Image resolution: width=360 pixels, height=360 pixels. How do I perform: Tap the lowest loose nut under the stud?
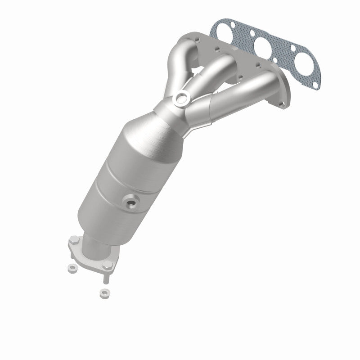(x=104, y=292)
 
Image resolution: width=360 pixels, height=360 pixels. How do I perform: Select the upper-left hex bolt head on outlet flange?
(x=73, y=243)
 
